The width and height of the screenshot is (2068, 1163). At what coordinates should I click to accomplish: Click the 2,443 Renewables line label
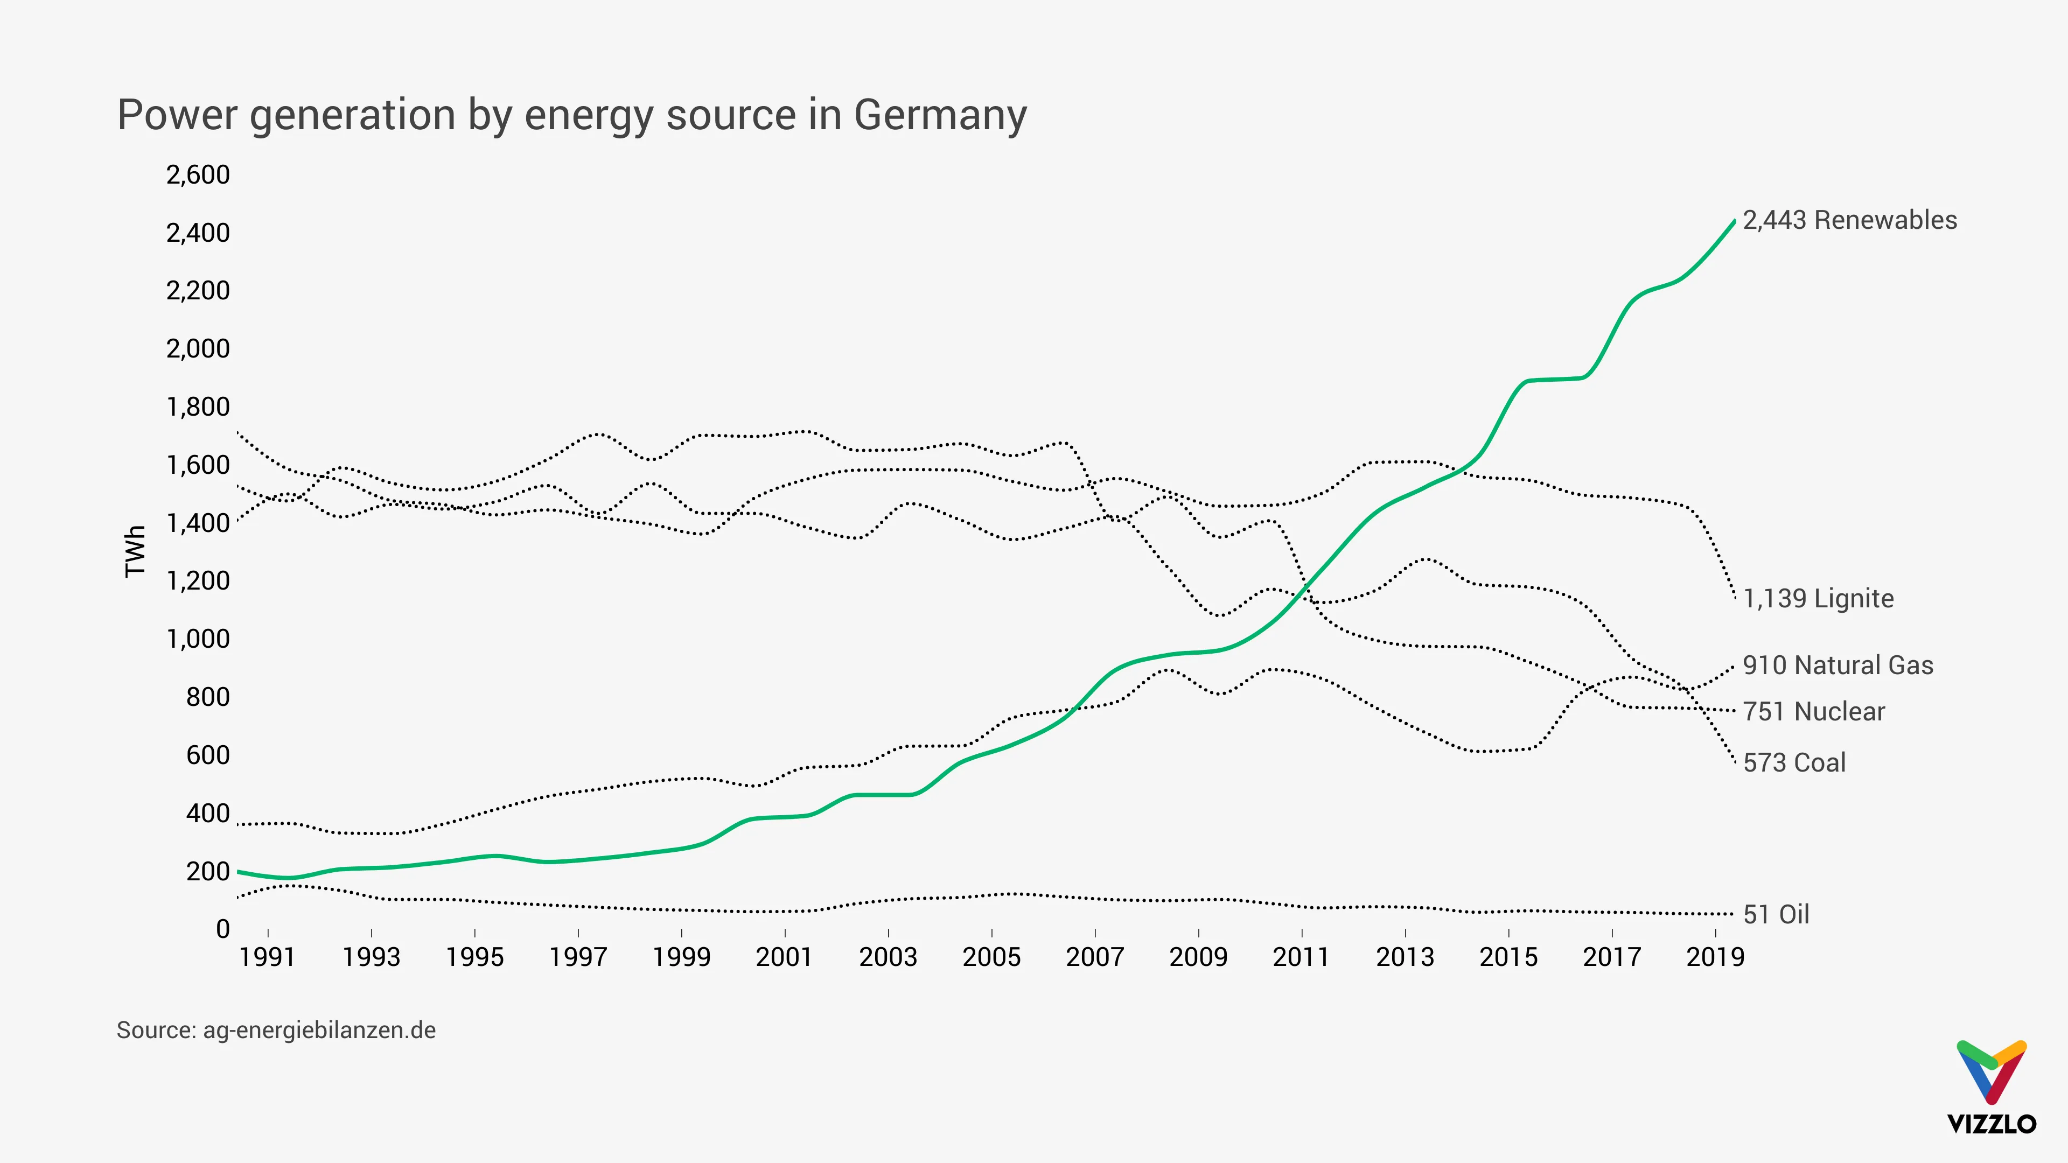pos(1850,220)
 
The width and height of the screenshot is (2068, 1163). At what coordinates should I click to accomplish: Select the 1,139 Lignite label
pos(1818,599)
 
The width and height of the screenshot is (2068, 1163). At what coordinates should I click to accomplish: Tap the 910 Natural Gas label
pos(1838,665)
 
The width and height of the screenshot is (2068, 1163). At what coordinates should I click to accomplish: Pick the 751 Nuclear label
pos(1813,712)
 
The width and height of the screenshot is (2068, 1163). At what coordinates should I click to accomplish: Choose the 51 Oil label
pos(1776,915)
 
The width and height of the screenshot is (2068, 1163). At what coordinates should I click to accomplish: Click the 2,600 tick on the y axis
pos(198,175)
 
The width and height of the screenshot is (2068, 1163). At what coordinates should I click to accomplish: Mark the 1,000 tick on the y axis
pos(198,640)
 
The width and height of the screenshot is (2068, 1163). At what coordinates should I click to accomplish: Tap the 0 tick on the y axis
pos(222,929)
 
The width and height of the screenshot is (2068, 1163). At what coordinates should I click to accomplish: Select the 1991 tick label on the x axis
pos(267,957)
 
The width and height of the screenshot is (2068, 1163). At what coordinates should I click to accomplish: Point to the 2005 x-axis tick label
pos(991,957)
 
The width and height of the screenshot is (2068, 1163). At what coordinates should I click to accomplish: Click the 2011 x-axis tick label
pos(1301,957)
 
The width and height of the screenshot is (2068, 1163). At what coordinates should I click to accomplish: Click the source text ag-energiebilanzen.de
pos(319,1031)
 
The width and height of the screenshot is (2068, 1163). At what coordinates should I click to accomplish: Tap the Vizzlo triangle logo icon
pos(1992,1071)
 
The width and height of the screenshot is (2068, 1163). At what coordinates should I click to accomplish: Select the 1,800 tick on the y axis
pos(198,407)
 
